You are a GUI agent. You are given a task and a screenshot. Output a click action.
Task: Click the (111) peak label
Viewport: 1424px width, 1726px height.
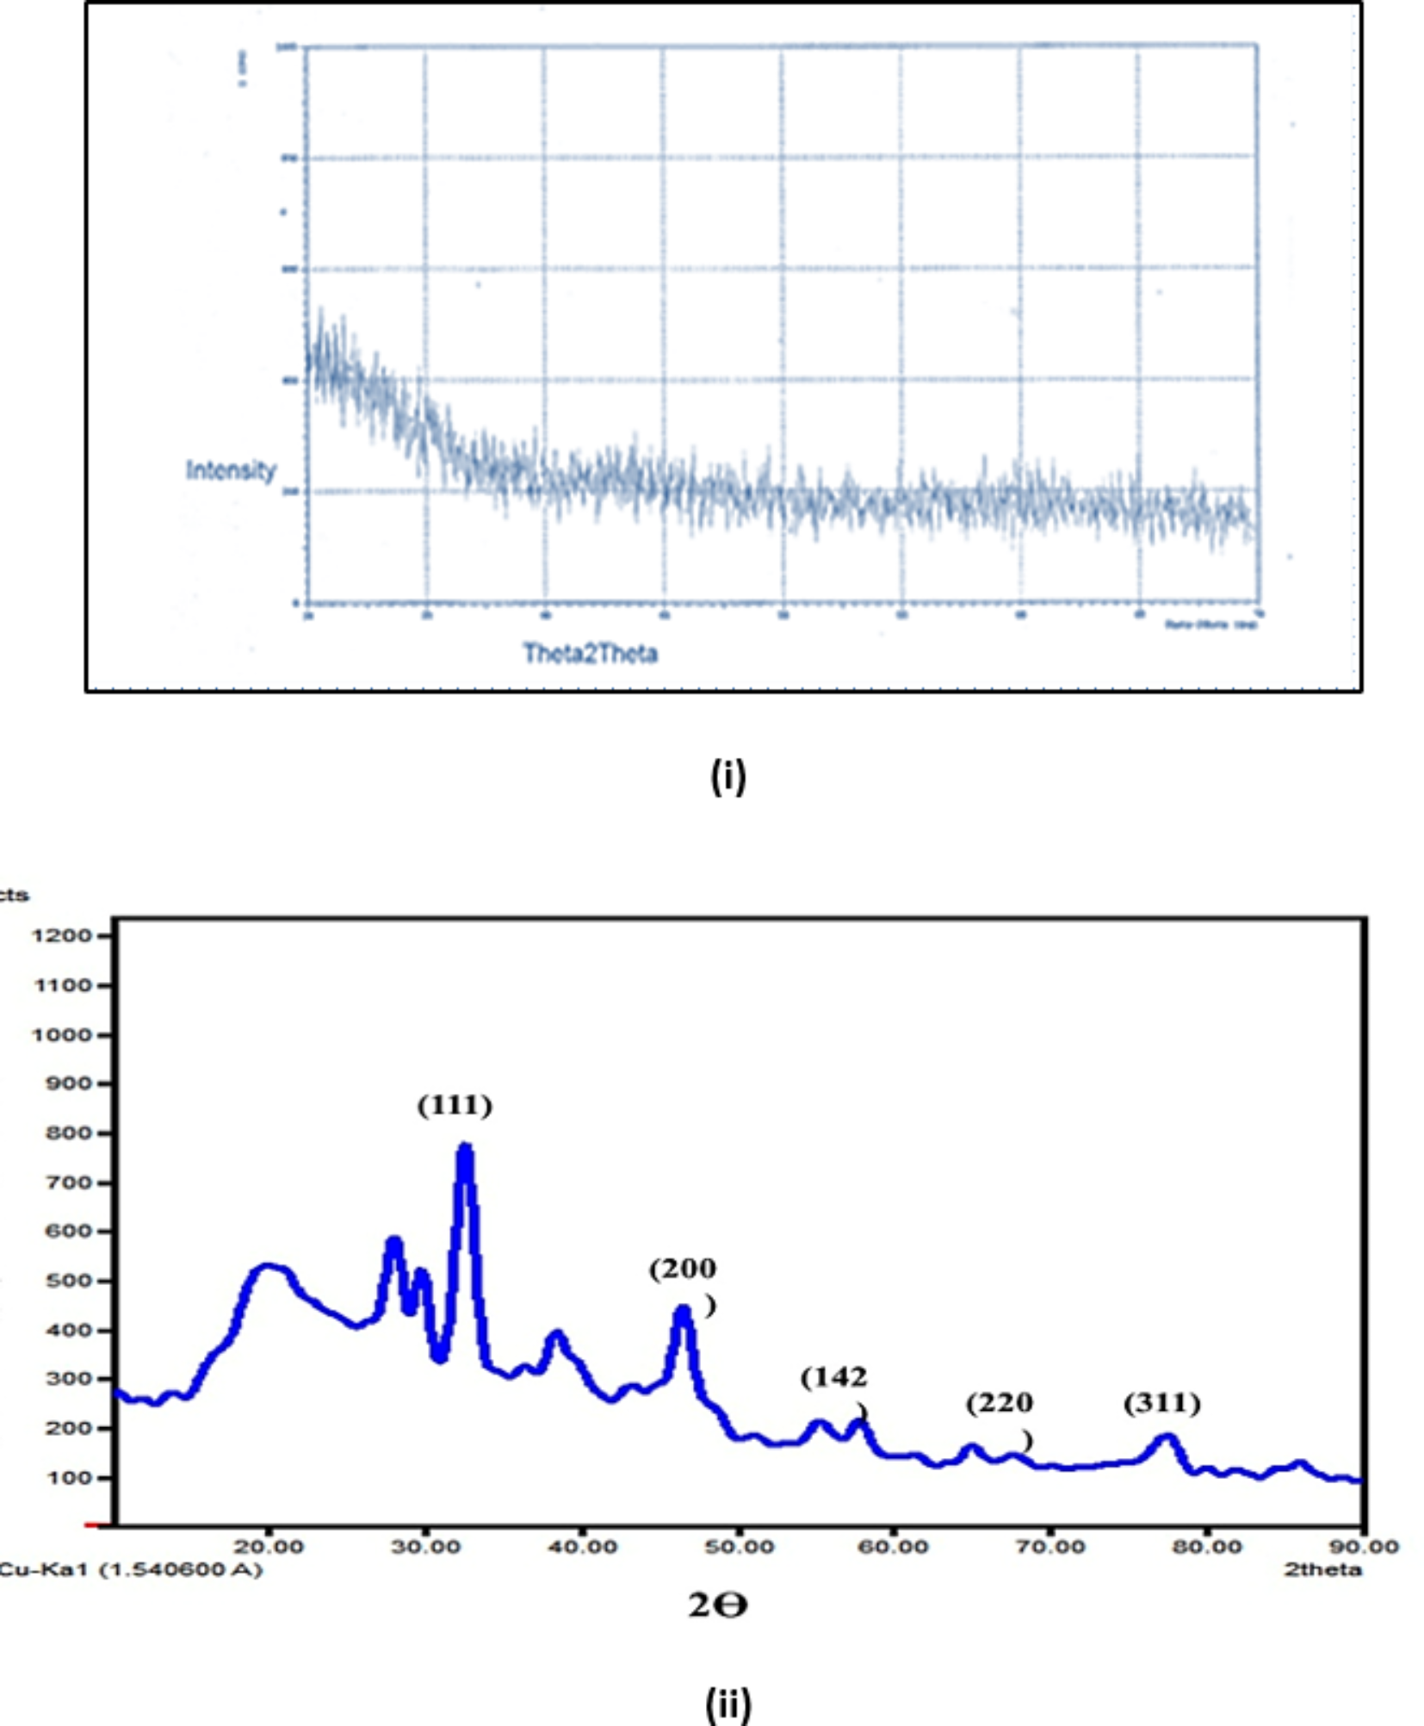pos(455,1105)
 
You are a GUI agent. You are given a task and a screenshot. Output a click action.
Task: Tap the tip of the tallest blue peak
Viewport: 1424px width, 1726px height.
pos(465,1147)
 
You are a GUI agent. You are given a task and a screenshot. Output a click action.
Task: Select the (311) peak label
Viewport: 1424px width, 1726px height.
pos(1161,1404)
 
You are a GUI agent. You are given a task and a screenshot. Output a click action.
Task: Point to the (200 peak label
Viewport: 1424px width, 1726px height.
pos(683,1269)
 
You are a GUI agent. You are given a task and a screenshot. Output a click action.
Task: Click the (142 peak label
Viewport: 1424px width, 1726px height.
pos(833,1378)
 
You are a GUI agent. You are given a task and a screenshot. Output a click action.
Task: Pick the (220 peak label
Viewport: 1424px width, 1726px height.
pos(999,1404)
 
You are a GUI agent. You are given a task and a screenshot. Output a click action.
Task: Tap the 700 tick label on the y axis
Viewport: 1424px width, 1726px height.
pos(68,1183)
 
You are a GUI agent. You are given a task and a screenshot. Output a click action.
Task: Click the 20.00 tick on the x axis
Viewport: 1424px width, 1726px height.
pos(269,1547)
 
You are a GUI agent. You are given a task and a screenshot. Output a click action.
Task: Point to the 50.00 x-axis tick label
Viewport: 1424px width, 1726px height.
pos(738,1547)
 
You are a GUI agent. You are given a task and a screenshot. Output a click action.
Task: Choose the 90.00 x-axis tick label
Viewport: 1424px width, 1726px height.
pos(1364,1547)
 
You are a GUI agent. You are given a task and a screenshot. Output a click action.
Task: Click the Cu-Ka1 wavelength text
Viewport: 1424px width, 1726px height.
pos(129,1569)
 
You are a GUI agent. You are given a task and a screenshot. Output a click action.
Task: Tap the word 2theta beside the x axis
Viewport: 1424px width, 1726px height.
pos(1322,1569)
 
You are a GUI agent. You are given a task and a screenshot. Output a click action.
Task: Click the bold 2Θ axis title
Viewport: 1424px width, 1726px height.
pos(717,1605)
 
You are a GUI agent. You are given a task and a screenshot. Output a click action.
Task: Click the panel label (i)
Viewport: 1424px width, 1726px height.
pos(727,776)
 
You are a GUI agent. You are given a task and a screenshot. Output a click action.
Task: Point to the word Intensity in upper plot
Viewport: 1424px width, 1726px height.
pos(231,470)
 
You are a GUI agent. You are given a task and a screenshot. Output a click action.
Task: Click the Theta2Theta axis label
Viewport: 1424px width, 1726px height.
pos(591,654)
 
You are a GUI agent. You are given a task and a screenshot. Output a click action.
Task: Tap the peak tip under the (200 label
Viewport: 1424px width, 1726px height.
pos(683,1309)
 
